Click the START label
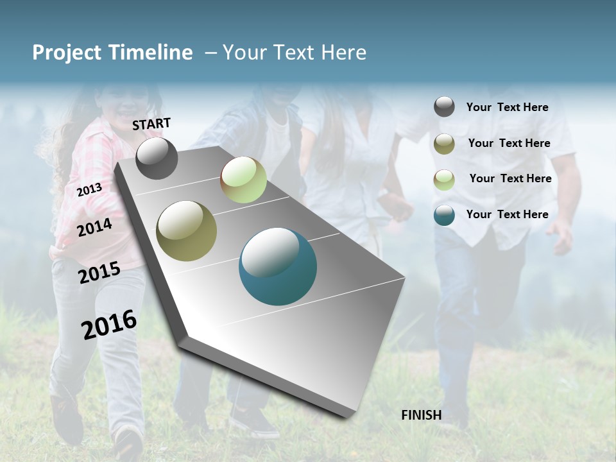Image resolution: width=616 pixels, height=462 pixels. pyautogui.click(x=151, y=124)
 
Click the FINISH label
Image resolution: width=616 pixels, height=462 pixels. pyautogui.click(x=421, y=415)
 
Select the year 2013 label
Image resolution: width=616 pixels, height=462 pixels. pyautogui.click(x=89, y=189)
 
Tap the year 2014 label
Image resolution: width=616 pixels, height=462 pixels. pyautogui.click(x=94, y=227)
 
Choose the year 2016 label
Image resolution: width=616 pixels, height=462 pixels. pyautogui.click(x=109, y=324)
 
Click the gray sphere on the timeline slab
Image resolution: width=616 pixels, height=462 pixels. pyautogui.click(x=157, y=158)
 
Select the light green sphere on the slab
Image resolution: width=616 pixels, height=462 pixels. pyautogui.click(x=243, y=180)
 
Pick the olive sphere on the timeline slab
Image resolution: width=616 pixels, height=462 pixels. pyautogui.click(x=186, y=231)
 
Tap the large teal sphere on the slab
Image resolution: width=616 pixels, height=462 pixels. pyautogui.click(x=277, y=266)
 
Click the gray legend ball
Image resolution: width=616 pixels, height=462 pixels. pyautogui.click(x=444, y=107)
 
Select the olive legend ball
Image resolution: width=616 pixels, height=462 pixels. pyautogui.click(x=444, y=143)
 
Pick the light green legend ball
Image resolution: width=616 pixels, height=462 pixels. pyautogui.click(x=444, y=179)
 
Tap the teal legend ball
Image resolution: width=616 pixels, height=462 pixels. pyautogui.click(x=444, y=215)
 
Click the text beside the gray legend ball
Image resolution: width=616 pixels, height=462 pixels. pyautogui.click(x=507, y=107)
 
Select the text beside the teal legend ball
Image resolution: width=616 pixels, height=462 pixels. pyautogui.click(x=507, y=214)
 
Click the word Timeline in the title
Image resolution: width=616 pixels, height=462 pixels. pyautogui.click(x=151, y=53)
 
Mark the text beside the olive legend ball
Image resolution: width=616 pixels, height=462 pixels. pyautogui.click(x=509, y=143)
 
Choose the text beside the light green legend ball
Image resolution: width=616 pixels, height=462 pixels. pyautogui.click(x=510, y=178)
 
